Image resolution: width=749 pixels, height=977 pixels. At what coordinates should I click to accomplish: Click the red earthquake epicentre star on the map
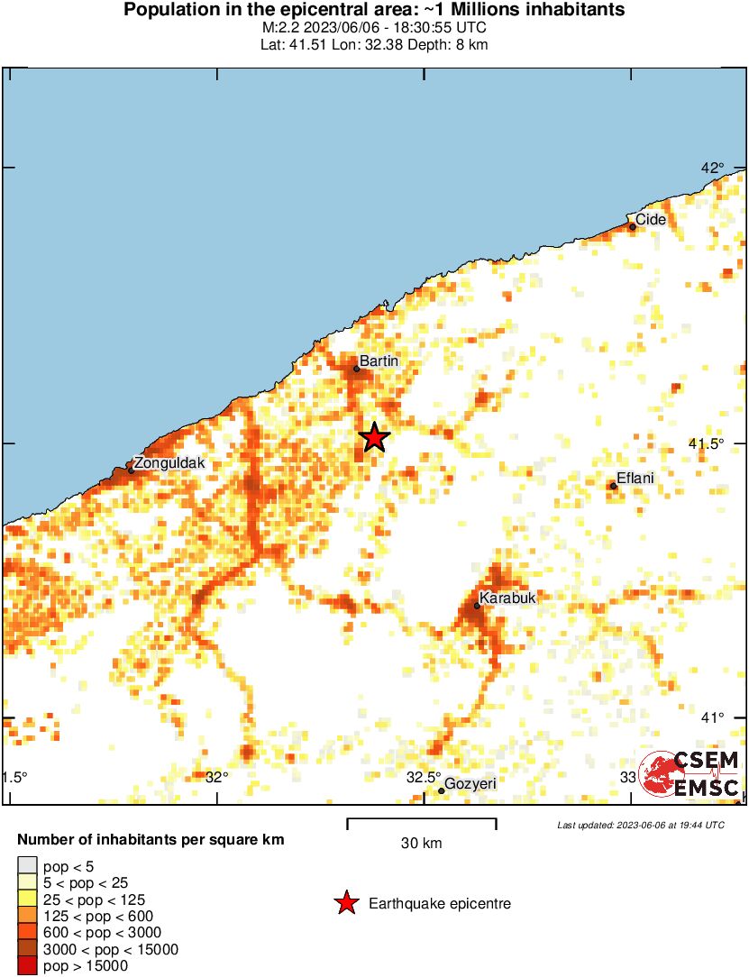[375, 437]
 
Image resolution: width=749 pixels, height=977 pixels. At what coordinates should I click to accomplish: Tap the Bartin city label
[379, 361]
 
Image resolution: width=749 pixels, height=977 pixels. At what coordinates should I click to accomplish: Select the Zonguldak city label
[169, 463]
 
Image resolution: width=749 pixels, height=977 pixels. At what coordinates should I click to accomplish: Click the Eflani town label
[635, 478]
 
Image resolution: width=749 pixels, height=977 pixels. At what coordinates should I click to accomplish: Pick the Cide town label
[651, 219]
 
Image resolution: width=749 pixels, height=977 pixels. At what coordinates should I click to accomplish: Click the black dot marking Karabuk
[477, 606]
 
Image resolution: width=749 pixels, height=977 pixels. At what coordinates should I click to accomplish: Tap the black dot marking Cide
[633, 226]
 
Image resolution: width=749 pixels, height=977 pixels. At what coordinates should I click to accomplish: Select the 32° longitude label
[216, 778]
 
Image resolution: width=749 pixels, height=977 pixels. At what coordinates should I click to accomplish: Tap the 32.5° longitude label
[424, 778]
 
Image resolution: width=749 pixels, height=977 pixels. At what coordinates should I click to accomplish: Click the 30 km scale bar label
[421, 844]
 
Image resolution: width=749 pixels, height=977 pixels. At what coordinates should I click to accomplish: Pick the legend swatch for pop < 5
[27, 867]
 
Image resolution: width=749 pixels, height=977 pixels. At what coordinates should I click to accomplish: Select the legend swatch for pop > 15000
[27, 965]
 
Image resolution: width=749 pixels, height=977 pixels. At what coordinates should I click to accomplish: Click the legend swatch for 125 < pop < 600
[27, 916]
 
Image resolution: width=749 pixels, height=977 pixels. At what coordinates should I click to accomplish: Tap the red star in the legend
[345, 903]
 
